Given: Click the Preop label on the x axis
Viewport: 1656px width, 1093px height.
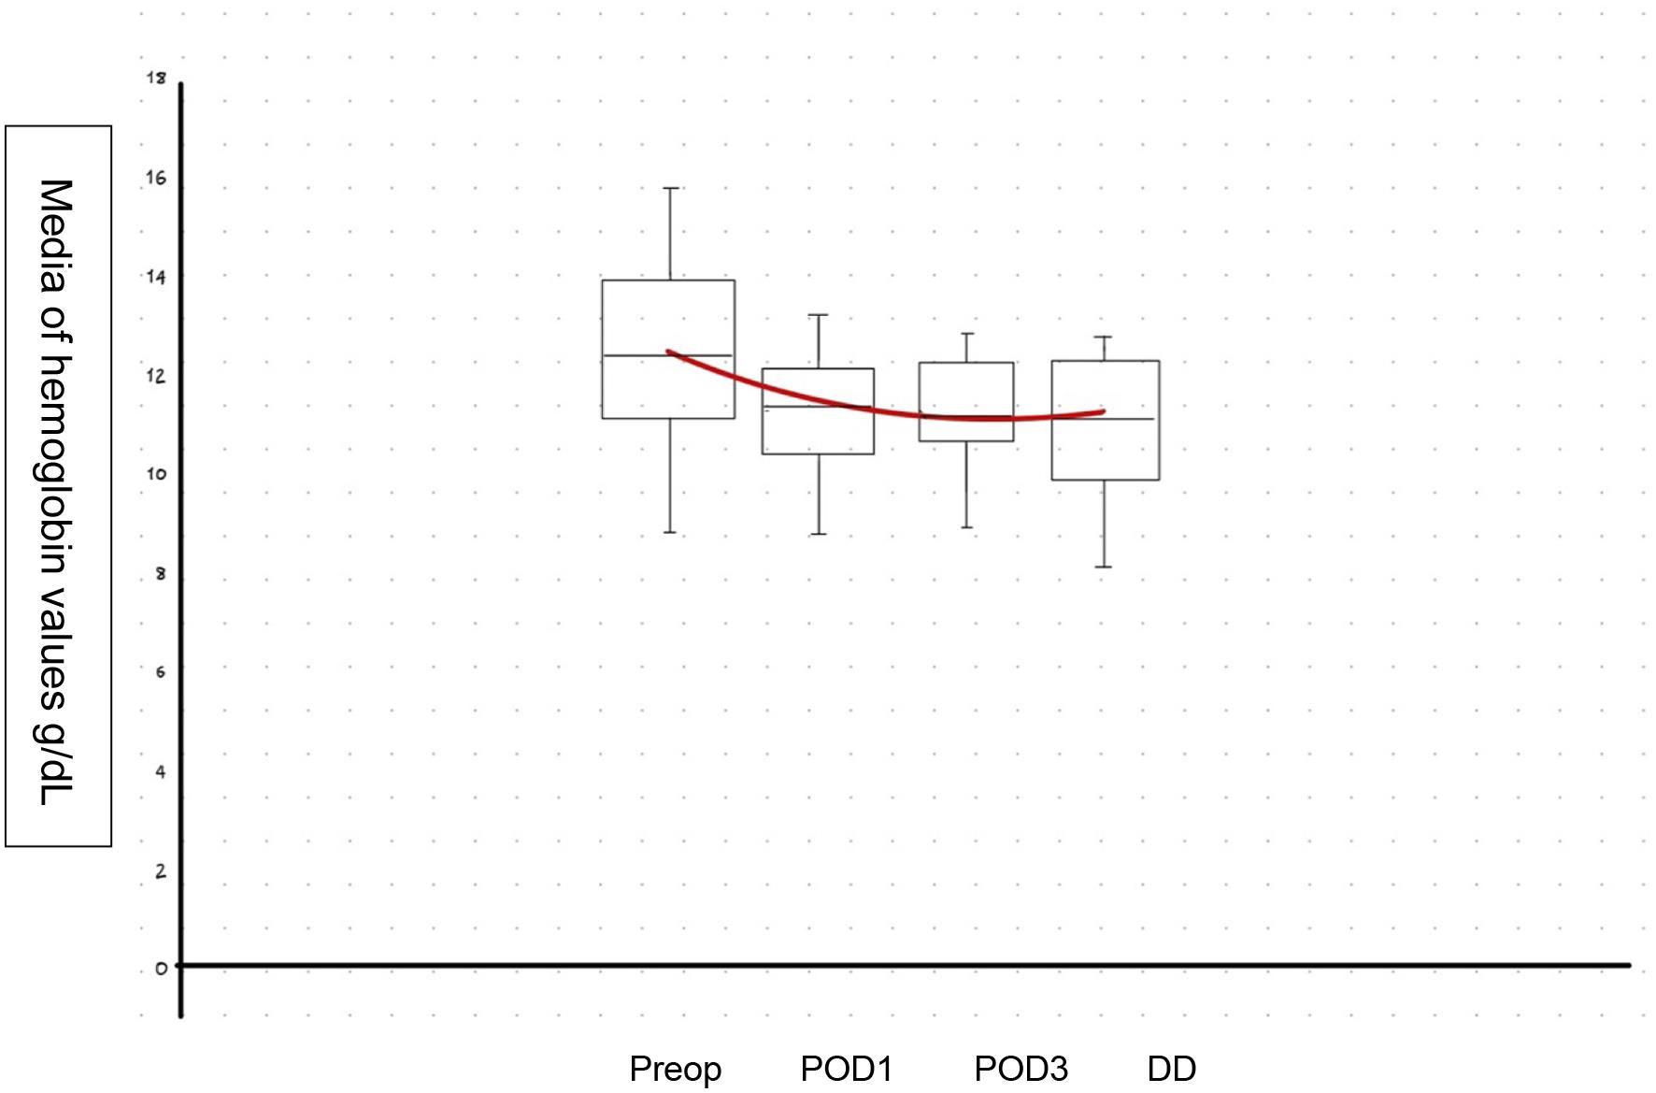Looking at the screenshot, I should point(675,1069).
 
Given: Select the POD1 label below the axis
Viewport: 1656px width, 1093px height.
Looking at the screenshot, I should point(847,1068).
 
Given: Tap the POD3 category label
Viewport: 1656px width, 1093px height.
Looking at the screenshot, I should point(1021,1068).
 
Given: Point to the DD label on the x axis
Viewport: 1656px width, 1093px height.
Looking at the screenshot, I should point(1171,1068).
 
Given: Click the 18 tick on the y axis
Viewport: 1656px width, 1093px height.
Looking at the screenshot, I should point(156,78).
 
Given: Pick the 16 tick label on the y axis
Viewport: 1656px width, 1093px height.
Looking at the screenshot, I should point(156,178).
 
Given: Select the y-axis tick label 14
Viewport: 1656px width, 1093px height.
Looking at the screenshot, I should point(156,277).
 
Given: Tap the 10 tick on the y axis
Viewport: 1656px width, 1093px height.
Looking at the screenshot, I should point(156,474).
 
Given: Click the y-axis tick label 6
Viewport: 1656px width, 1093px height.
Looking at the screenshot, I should point(161,672).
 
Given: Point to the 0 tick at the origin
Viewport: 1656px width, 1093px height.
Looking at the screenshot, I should point(162,969).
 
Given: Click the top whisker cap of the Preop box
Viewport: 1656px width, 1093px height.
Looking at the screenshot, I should point(670,188).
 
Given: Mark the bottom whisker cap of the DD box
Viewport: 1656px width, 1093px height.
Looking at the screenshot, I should point(1104,567).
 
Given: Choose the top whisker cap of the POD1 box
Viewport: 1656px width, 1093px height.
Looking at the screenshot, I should point(819,315).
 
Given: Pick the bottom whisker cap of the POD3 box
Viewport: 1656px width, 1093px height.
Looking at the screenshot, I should point(966,527).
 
